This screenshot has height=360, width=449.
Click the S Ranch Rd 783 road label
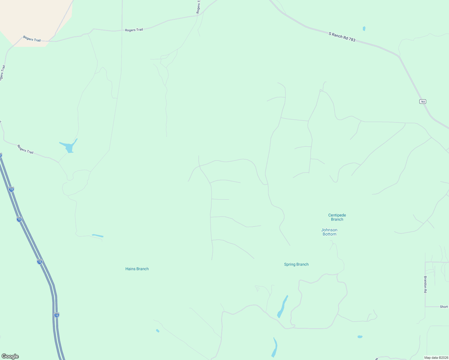pos(342,37)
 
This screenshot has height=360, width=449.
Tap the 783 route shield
pos(423,102)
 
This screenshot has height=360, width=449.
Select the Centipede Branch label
pos(337,217)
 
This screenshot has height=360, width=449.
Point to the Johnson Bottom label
pos(329,232)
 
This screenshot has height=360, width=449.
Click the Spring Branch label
pos(296,264)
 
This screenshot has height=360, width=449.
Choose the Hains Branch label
pos(137,269)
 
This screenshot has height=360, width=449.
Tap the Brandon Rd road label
pos(425,284)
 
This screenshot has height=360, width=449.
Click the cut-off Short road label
pos(444,307)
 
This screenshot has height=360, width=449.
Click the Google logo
pos(10,356)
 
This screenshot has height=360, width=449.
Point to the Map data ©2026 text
pos(436,358)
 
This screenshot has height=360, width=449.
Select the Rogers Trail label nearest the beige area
pos(32,39)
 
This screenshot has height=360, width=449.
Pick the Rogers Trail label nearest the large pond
pos(25,149)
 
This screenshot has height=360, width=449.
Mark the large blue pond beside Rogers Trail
pos(70,147)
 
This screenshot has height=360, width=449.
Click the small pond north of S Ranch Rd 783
pos(364,29)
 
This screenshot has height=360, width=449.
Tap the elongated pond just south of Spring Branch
pos(282,307)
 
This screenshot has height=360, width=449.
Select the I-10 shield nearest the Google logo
pos(57,315)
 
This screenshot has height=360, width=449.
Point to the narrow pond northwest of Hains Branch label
pos(98,236)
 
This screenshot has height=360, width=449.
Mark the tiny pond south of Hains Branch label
pos(158,331)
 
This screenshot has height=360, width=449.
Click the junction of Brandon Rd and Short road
pos(425,307)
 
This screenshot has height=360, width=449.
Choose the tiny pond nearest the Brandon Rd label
pos(360,337)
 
